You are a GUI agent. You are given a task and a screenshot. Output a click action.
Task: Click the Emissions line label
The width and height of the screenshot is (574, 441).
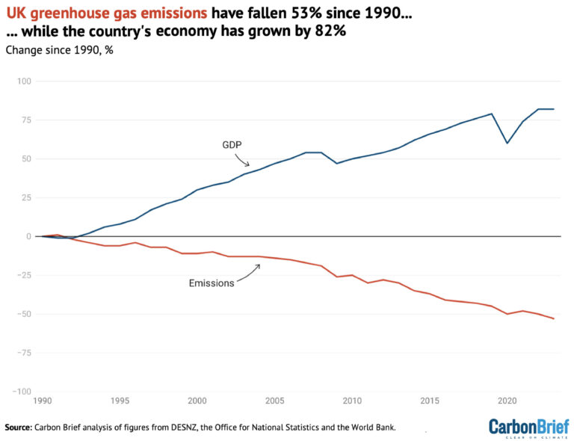pos(211,283)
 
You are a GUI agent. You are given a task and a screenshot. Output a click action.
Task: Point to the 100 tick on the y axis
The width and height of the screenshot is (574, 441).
pos(25,81)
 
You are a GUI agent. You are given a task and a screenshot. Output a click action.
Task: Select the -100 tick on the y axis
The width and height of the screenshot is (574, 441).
pos(22,392)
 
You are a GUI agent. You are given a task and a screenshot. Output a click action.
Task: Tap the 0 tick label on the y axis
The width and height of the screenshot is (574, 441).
pos(29,236)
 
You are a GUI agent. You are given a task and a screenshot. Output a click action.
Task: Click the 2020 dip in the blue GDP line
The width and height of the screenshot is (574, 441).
pos(507,143)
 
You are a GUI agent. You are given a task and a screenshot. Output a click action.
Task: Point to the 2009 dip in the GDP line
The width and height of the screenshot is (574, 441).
pos(337,163)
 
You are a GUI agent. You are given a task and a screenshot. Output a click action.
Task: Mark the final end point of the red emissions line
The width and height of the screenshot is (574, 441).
pos(554,319)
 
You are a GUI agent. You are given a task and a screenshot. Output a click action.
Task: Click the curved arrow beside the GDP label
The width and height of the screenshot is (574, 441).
pos(242,160)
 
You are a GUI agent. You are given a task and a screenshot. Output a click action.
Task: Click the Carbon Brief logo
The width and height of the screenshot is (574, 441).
pos(524,427)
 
